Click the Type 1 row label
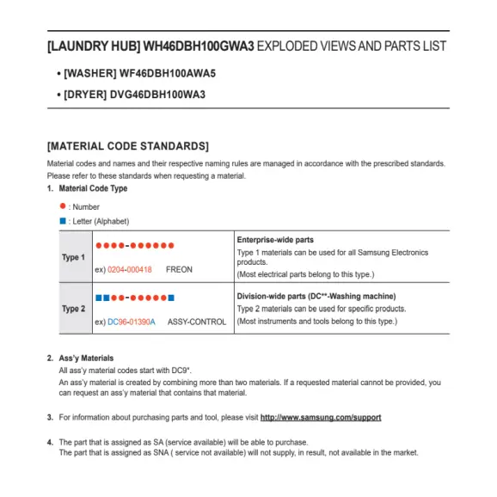(x=73, y=257)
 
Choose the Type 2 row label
(x=73, y=308)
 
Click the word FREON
(x=179, y=270)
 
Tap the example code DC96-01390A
(x=132, y=322)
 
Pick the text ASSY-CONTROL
(x=197, y=322)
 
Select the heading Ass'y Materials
(x=86, y=358)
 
